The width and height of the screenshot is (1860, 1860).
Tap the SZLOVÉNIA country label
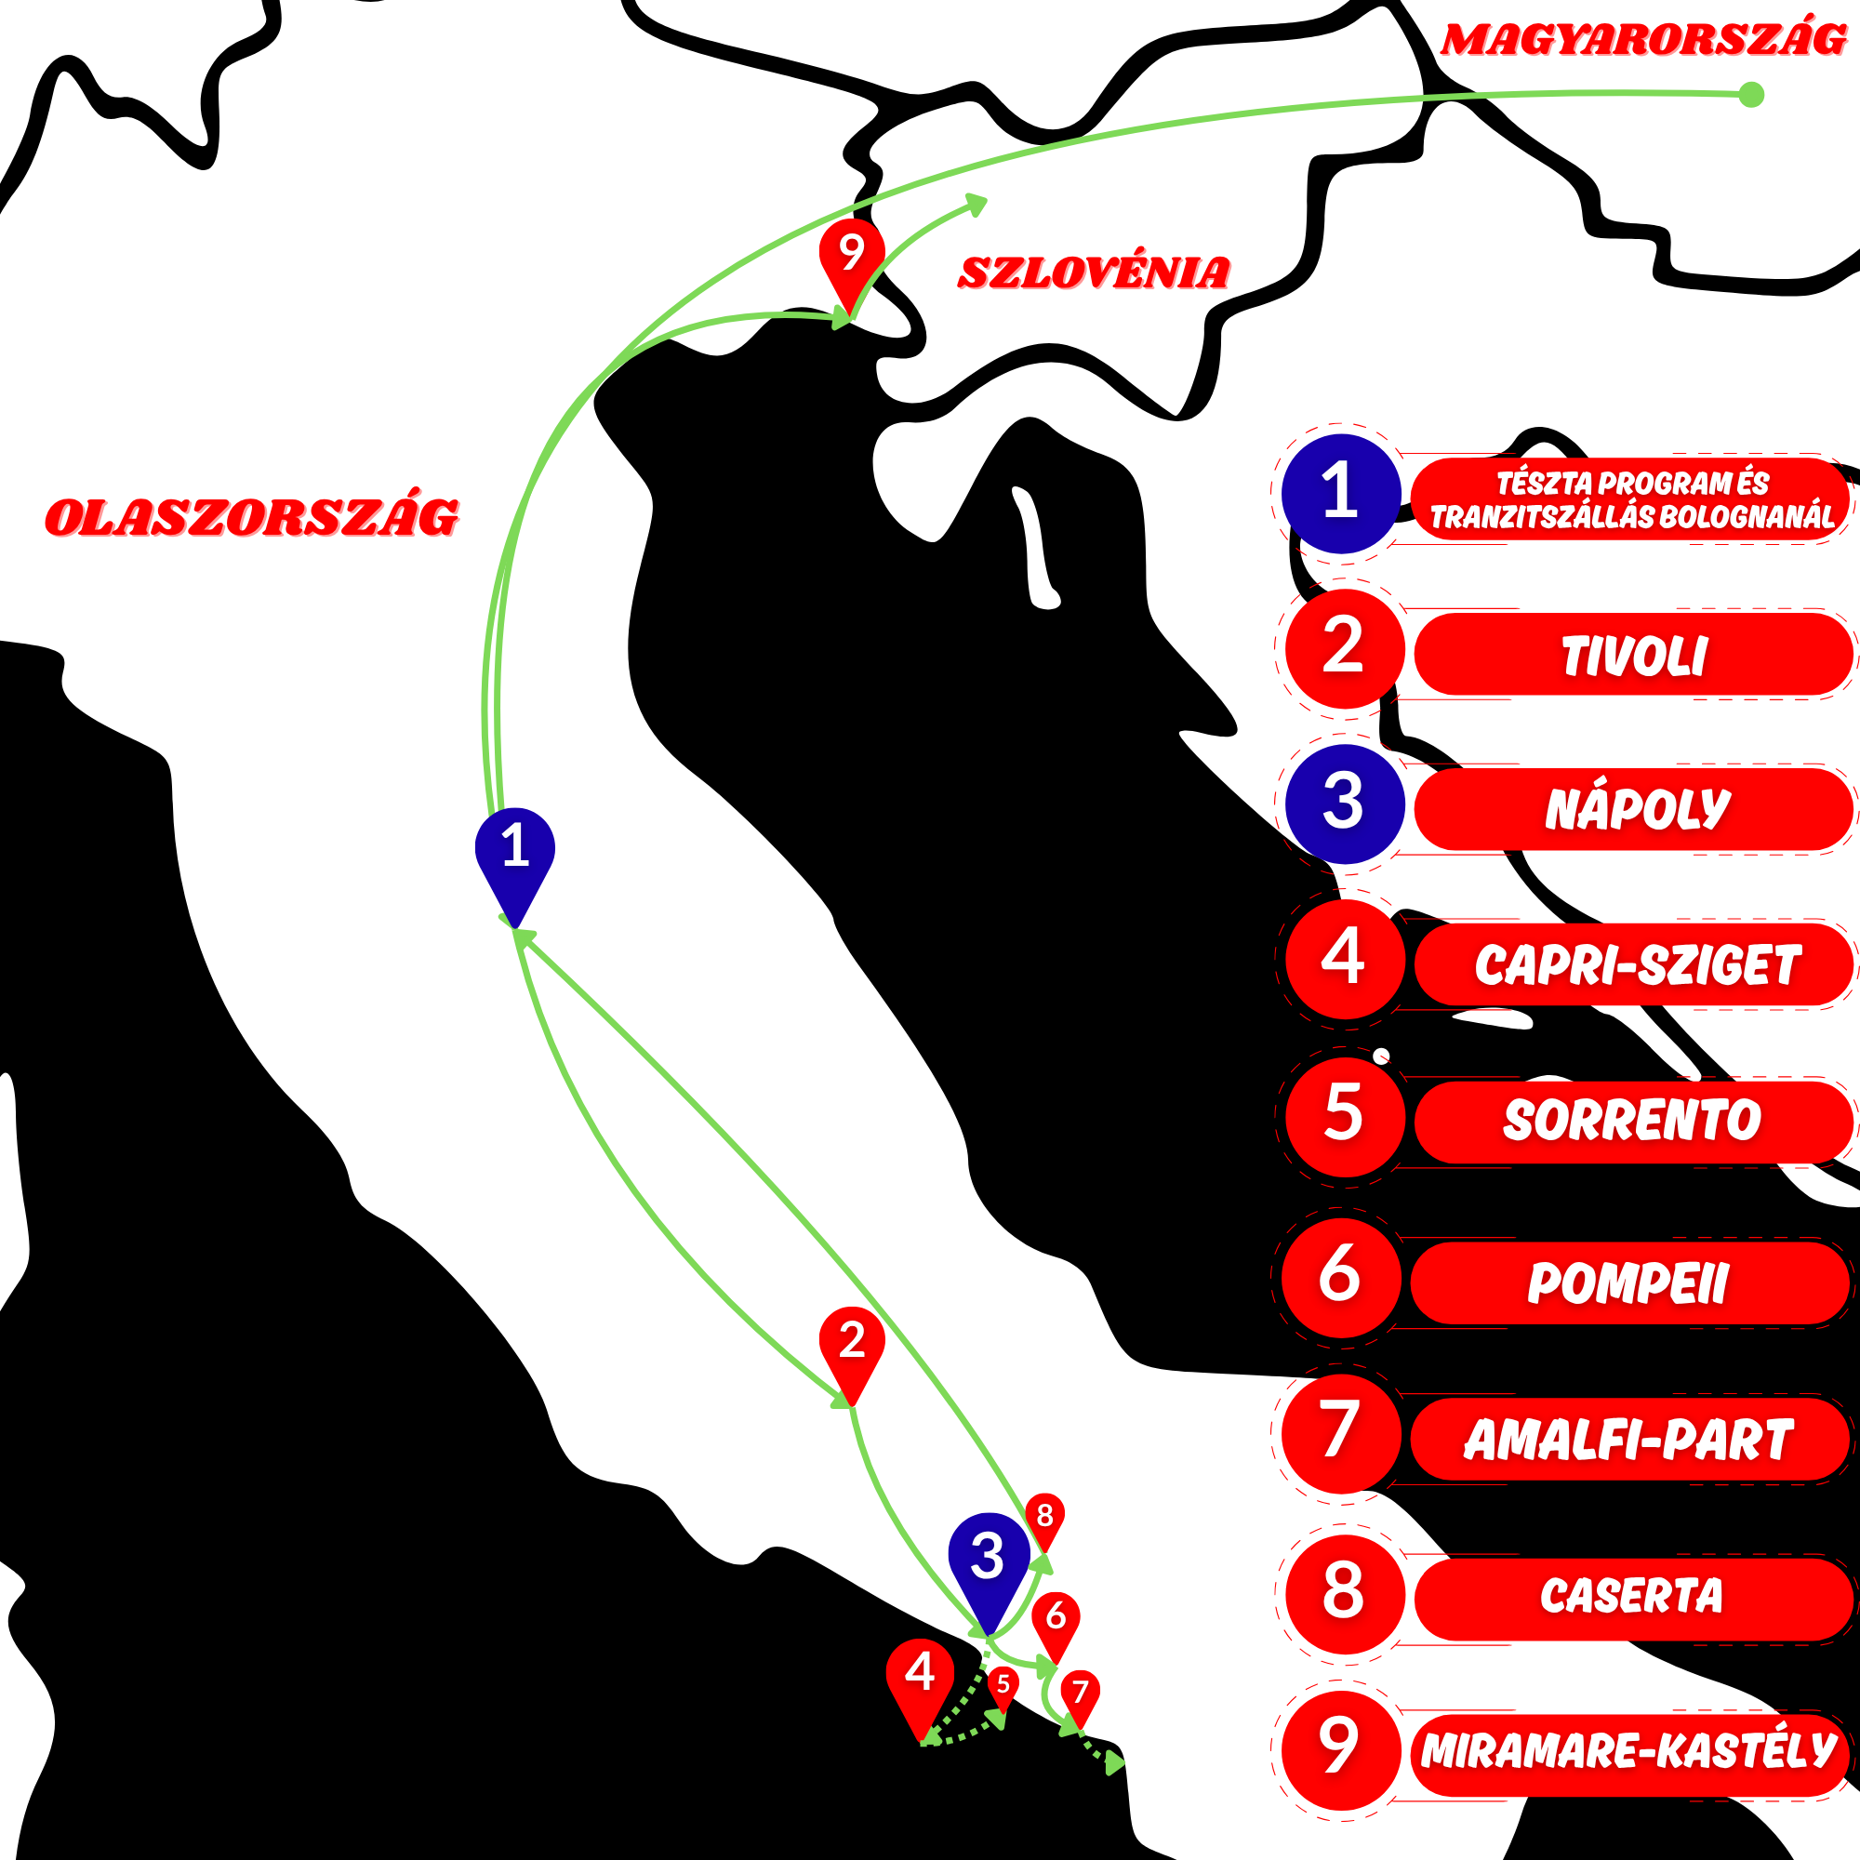pos(1094,272)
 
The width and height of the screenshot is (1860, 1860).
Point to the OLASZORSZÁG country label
pos(252,517)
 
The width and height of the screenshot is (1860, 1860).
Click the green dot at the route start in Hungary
pos(1752,94)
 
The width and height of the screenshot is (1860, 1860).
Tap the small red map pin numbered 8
pos(1044,1523)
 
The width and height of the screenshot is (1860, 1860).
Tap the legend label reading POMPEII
pos(1629,1282)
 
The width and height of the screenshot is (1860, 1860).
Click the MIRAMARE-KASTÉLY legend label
pos(1629,1749)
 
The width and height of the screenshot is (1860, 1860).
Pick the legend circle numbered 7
pos(1341,1433)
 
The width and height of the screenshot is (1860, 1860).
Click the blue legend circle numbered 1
pos(1341,493)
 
